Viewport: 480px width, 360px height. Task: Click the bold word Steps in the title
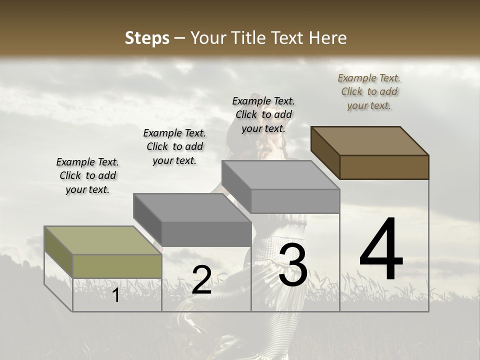tap(147, 38)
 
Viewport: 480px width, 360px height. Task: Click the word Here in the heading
tap(325, 38)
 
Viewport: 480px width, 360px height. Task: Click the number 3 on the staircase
tap(293, 266)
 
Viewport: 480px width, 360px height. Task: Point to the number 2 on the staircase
tap(202, 280)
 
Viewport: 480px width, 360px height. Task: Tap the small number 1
tap(116, 295)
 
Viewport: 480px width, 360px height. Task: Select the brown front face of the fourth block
tap(384, 167)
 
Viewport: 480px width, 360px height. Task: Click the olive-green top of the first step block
tap(103, 240)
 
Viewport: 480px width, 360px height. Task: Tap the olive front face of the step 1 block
tap(117, 266)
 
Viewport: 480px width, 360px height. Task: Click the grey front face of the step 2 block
tap(206, 234)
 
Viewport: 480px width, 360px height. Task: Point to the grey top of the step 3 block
tap(280, 175)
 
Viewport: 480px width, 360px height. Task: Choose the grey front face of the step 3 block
tap(295, 201)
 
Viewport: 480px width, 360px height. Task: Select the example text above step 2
tap(174, 146)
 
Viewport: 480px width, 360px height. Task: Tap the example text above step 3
tap(263, 114)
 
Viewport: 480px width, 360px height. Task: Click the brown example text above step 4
tap(369, 91)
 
